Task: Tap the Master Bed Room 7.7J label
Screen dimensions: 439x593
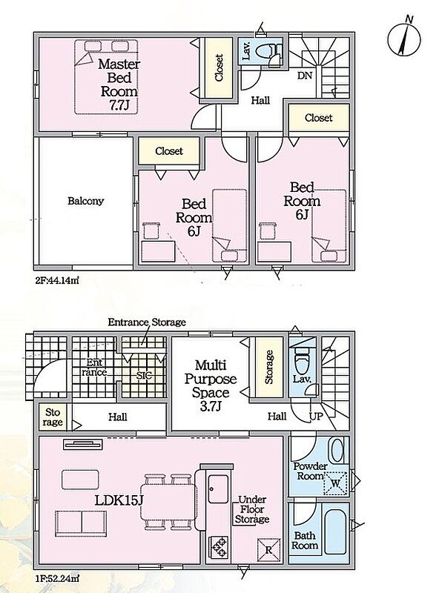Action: click(119, 85)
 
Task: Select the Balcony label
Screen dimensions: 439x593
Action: click(85, 200)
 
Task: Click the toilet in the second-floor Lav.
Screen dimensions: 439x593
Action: click(269, 51)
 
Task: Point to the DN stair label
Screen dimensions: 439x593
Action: click(305, 76)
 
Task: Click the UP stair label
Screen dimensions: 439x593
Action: click(317, 417)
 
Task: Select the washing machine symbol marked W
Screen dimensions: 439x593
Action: click(335, 483)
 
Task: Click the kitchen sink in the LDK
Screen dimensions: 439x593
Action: click(218, 488)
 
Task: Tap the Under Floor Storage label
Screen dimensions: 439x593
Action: click(252, 509)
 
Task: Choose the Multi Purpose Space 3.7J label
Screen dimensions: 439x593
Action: click(211, 385)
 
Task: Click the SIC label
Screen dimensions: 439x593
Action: click(144, 376)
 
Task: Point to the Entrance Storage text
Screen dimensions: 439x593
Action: click(147, 322)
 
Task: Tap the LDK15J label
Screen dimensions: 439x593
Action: click(119, 500)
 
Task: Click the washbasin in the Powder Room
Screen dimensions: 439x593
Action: click(337, 450)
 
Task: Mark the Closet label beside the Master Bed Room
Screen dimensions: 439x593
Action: click(218, 67)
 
